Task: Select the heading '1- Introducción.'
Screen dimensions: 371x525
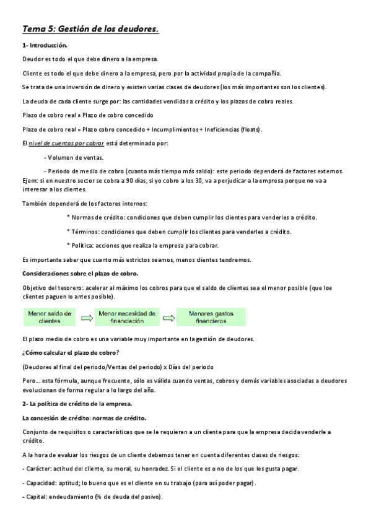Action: point(45,46)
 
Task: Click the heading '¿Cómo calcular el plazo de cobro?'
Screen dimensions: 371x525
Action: point(71,353)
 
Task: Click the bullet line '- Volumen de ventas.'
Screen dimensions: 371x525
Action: point(74,157)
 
